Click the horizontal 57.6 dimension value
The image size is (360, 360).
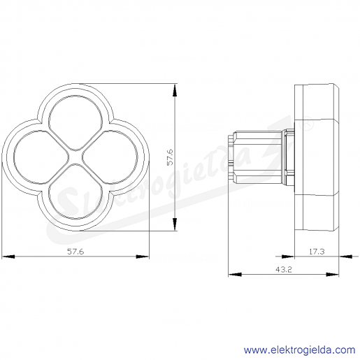75,252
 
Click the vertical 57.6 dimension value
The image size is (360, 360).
170,157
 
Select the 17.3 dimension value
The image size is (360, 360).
317,252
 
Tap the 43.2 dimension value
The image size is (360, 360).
284,270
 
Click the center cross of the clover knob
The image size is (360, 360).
75,157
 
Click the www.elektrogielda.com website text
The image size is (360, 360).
300,350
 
